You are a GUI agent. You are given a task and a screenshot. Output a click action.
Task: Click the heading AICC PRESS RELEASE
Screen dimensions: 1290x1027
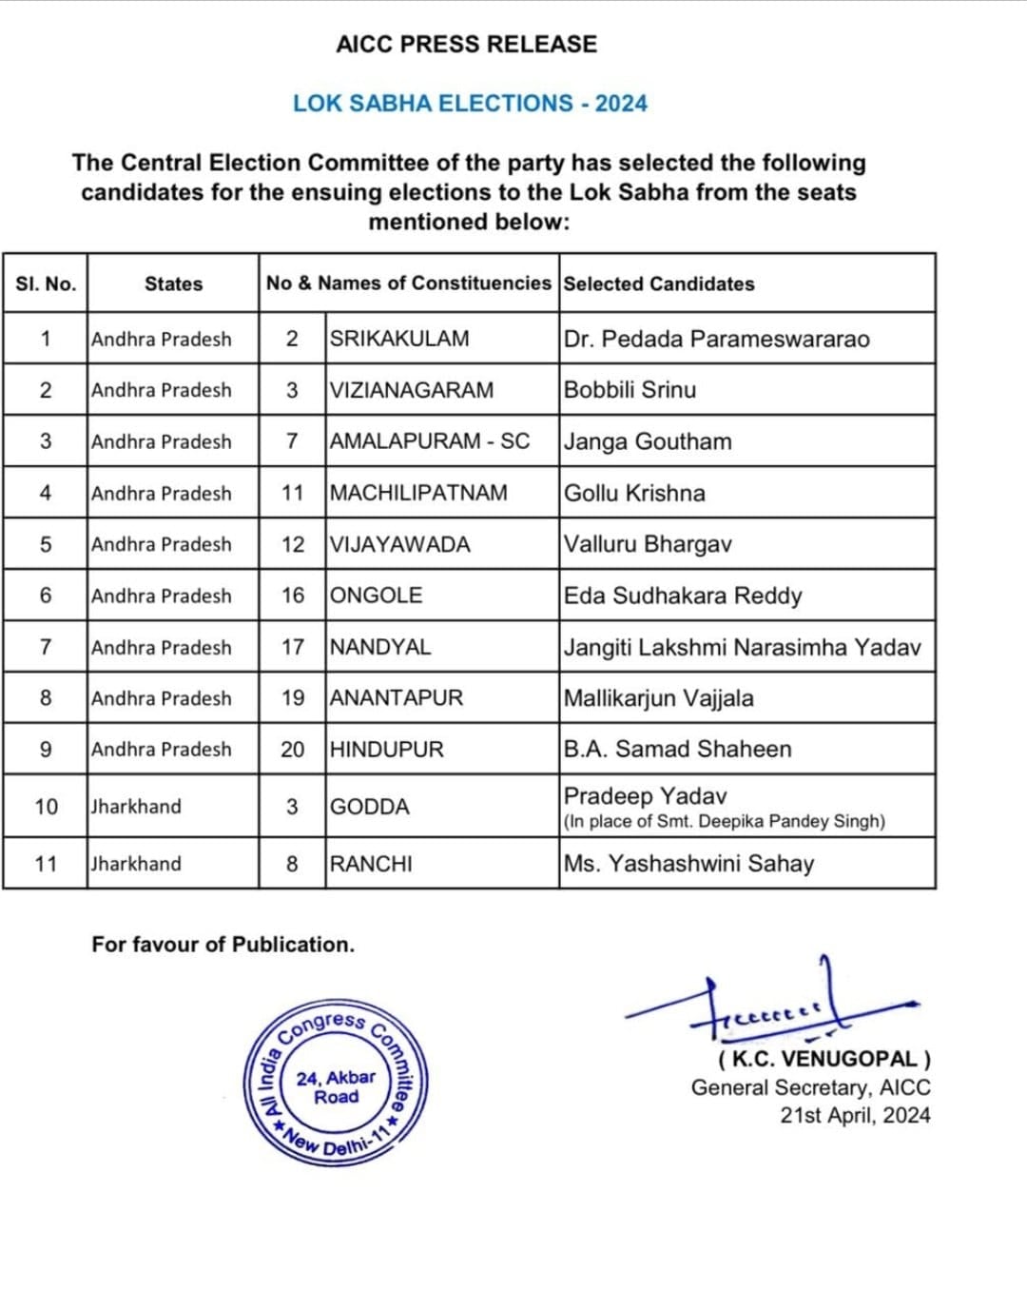(x=466, y=45)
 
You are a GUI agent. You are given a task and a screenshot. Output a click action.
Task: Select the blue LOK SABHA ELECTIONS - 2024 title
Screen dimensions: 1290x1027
(x=470, y=104)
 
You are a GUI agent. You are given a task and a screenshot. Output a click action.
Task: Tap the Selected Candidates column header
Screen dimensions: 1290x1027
(x=658, y=283)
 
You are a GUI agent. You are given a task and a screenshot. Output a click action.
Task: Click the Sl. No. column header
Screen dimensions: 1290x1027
(x=46, y=283)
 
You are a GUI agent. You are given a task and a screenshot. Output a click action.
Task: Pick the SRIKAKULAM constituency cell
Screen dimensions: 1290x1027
(x=399, y=339)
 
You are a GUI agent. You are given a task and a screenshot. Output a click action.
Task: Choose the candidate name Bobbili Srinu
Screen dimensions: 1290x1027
(x=630, y=390)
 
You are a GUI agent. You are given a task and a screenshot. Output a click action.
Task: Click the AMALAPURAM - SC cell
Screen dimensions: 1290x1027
(x=430, y=441)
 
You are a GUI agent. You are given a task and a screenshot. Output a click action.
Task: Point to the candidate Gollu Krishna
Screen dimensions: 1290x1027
(x=634, y=493)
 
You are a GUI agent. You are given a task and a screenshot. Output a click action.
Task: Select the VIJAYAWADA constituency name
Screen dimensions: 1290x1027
(x=400, y=544)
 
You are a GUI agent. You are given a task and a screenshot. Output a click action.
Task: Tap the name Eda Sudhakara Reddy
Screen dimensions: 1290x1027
(x=683, y=596)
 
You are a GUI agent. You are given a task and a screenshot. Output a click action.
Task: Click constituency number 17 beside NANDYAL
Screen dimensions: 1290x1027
(x=293, y=647)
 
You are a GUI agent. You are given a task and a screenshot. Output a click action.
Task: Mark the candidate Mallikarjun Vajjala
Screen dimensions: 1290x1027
(x=658, y=698)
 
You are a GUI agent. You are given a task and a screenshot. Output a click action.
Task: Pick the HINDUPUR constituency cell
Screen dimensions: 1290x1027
(x=387, y=750)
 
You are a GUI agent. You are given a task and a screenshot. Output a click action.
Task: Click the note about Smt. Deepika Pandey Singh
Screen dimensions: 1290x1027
(x=724, y=821)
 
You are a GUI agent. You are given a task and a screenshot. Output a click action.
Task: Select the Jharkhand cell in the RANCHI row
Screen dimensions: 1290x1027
(x=136, y=864)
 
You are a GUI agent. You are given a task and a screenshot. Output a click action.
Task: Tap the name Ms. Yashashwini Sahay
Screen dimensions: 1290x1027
(x=688, y=864)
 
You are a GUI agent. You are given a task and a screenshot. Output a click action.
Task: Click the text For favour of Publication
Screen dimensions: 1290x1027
(x=223, y=945)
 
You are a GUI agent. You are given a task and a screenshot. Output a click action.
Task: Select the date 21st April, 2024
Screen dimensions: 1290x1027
(x=855, y=1116)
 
